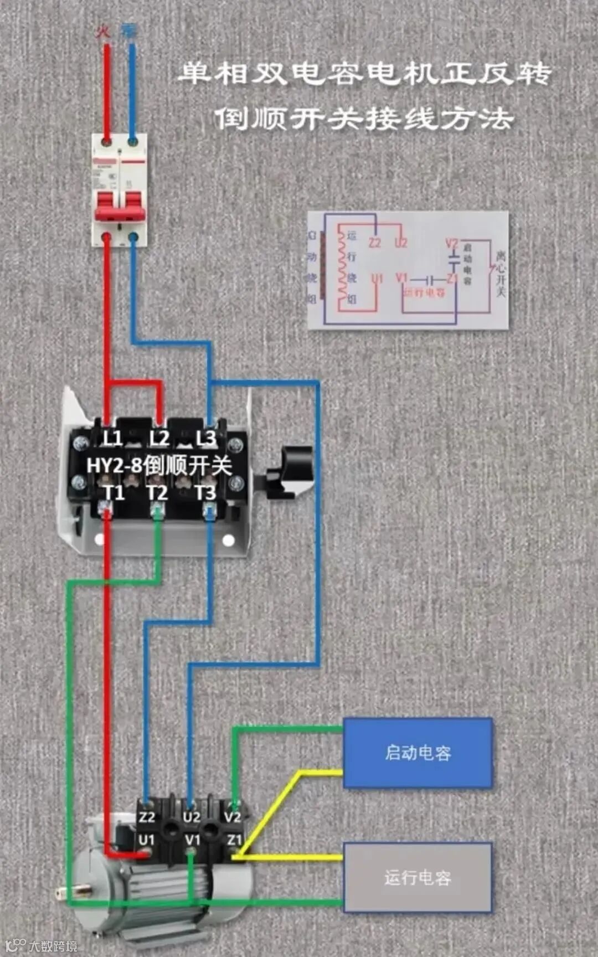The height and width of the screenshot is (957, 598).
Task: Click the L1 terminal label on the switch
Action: click(x=112, y=439)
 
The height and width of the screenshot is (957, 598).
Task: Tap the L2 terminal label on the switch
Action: click(x=159, y=439)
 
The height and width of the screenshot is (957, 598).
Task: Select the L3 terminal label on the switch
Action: click(x=206, y=439)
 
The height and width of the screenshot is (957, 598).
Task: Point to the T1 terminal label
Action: click(x=114, y=492)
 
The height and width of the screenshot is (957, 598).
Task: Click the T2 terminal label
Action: click(x=157, y=492)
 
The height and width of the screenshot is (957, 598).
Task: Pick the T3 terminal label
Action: click(x=205, y=492)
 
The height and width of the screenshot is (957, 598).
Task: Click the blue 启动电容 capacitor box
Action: click(x=417, y=753)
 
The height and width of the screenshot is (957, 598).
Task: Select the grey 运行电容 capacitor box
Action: click(x=417, y=877)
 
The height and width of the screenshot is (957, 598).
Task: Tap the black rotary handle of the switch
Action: click(x=290, y=471)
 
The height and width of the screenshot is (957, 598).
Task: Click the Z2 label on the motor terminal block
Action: click(x=147, y=817)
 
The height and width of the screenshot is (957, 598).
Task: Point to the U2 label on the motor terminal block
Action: click(x=191, y=817)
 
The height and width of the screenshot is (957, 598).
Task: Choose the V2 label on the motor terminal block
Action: click(x=233, y=817)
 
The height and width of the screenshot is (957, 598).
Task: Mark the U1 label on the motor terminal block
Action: click(x=146, y=840)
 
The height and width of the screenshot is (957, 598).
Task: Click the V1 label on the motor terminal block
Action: click(x=192, y=840)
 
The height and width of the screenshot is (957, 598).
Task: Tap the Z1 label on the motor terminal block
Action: click(x=234, y=840)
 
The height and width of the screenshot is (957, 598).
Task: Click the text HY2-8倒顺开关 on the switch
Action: click(x=159, y=465)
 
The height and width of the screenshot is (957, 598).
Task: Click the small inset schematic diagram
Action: click(x=408, y=270)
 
